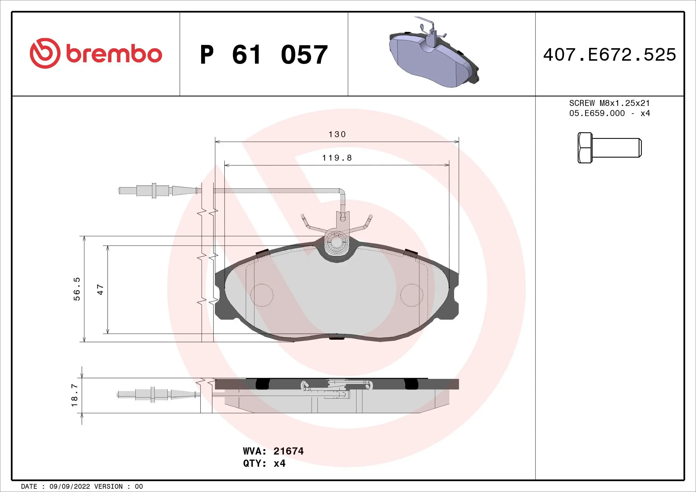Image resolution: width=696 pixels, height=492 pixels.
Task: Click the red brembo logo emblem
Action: tap(45, 53)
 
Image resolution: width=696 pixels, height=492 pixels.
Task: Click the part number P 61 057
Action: tap(264, 55)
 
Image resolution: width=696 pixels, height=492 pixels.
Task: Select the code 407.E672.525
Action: tap(610, 55)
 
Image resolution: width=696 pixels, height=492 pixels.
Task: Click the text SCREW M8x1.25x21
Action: tap(609, 103)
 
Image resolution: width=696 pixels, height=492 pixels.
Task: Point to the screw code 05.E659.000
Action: tap(597, 113)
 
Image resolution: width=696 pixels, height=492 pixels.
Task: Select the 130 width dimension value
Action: tap(337, 134)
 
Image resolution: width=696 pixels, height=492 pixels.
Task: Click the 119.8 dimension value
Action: tap(337, 158)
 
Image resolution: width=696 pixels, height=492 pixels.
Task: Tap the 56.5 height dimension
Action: tap(77, 289)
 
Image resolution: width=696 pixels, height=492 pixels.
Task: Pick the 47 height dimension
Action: tap(100, 290)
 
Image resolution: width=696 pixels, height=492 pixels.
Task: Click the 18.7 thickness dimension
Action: tap(75, 395)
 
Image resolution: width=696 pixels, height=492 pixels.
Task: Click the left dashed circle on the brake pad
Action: tap(262, 295)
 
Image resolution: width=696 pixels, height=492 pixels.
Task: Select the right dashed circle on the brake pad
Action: tap(412, 295)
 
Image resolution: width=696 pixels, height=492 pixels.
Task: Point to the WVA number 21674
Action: tap(288, 452)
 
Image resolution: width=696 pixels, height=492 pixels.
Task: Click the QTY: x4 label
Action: tap(264, 463)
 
